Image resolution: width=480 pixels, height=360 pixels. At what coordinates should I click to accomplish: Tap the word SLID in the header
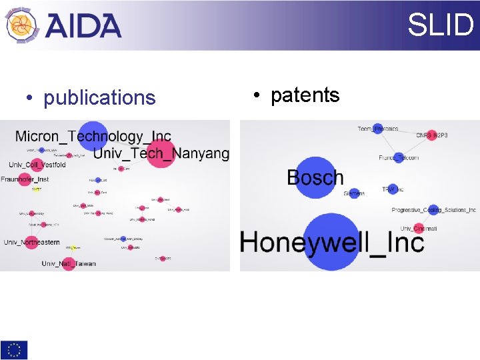(440, 25)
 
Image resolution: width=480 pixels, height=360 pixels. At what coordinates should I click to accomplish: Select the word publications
(99, 98)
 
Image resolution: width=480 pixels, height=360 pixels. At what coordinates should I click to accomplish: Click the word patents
(305, 95)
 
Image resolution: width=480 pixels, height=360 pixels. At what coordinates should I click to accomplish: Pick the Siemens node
(354, 193)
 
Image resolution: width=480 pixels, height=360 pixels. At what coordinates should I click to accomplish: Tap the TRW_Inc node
(392, 189)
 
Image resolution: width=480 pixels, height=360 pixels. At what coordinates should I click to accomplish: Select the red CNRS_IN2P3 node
(431, 135)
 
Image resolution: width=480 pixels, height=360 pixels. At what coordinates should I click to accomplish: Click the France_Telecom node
(398, 158)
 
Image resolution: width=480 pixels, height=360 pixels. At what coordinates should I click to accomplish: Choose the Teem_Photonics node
(378, 129)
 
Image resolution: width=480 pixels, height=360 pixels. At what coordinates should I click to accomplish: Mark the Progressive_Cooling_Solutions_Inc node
(433, 209)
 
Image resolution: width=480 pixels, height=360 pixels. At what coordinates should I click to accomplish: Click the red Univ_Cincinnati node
(418, 229)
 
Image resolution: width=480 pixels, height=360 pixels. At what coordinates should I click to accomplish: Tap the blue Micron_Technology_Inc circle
(93, 135)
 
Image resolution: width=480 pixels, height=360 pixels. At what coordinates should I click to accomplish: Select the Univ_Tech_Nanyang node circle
(160, 153)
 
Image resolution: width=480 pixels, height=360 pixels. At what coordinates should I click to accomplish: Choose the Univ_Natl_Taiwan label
(69, 263)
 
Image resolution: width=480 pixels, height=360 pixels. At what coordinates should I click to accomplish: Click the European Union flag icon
(14, 349)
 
